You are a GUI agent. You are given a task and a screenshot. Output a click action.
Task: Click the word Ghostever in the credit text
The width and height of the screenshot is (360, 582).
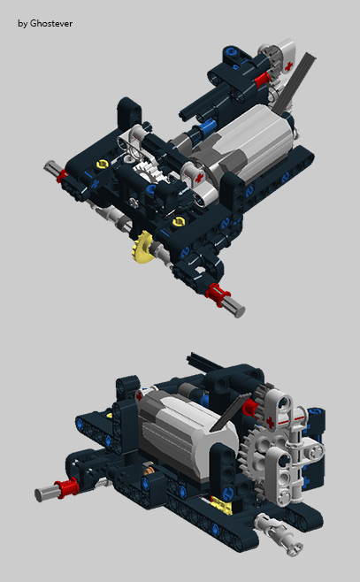50,23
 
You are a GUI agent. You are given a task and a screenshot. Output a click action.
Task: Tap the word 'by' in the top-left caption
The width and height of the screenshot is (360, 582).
22,23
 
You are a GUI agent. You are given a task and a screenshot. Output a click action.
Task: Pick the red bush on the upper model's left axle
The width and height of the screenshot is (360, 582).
62,177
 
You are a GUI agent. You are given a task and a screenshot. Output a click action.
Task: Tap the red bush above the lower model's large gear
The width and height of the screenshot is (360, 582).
249,406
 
